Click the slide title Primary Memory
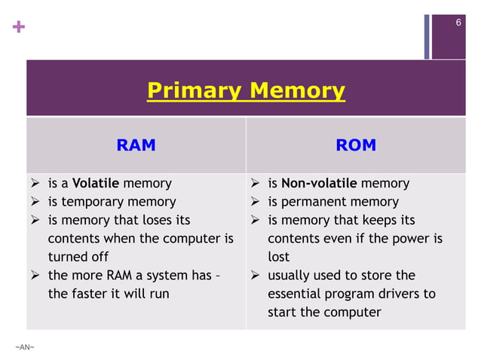[246, 91]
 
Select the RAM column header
[136, 145]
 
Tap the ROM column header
[356, 145]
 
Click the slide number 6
[458, 23]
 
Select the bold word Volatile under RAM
[96, 183]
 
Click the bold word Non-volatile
[320, 183]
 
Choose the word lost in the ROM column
[278, 257]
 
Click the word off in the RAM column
[99, 257]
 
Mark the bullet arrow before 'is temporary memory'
[35, 202]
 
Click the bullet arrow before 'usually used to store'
[255, 276]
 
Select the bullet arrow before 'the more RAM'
[35, 276]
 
